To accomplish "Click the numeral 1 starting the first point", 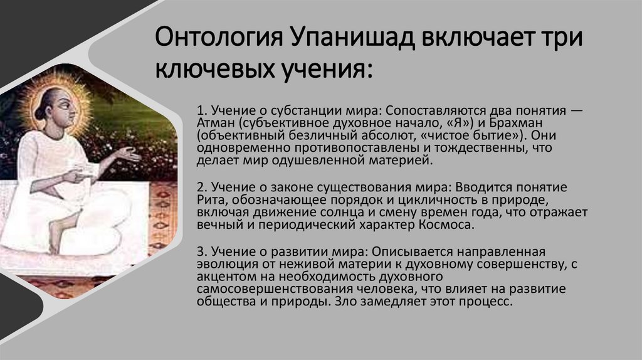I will (200, 110).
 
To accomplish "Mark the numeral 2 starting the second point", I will (201, 187).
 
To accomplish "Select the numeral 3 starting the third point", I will (201, 250).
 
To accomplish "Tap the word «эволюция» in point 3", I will (220, 263).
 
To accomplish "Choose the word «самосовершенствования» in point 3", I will (266, 289).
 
